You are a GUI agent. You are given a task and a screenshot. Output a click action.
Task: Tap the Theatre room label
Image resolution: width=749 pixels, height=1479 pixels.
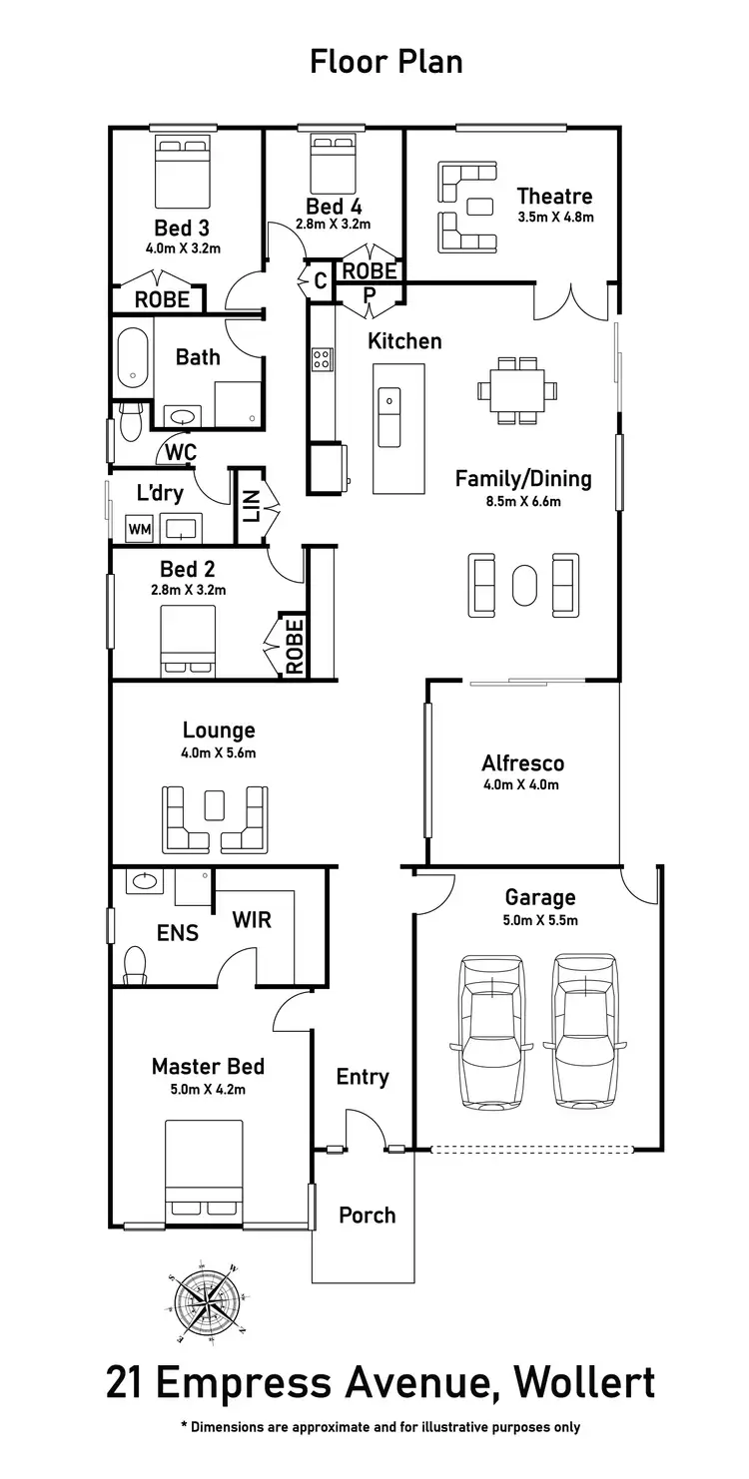click(554, 196)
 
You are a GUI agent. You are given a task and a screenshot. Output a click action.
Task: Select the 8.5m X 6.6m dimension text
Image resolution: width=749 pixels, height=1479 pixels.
click(523, 501)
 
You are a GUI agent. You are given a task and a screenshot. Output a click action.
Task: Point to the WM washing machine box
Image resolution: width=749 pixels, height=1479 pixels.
click(139, 529)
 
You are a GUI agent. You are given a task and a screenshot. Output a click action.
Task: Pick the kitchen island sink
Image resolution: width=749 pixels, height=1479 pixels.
click(389, 403)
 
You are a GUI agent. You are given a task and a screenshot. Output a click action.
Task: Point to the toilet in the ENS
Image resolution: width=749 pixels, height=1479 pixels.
click(135, 963)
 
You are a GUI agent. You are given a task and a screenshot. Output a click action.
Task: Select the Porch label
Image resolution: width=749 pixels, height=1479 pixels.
click(367, 1215)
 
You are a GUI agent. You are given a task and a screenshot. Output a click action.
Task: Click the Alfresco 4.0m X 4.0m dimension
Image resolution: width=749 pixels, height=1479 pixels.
click(522, 784)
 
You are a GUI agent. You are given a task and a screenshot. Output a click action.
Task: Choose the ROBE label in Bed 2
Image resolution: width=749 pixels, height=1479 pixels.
click(294, 646)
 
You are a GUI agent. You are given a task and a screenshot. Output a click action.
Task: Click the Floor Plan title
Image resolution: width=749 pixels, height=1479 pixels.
click(385, 62)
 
